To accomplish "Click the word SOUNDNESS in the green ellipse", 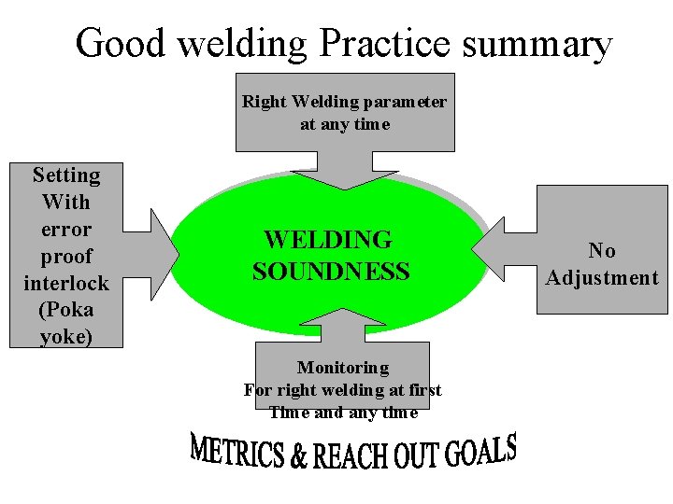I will pyautogui.click(x=331, y=272).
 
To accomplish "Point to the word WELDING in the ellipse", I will pyautogui.click(x=328, y=240).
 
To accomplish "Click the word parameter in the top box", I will pyautogui.click(x=401, y=101).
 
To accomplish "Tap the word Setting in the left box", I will pyautogui.click(x=65, y=175).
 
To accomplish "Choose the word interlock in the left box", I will pyautogui.click(x=65, y=282).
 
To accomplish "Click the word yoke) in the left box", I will pyautogui.click(x=65, y=336).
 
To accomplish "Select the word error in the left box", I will pyautogui.click(x=65, y=229).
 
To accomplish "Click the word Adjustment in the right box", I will pyautogui.click(x=602, y=277).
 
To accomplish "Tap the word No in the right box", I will pyautogui.click(x=602, y=250).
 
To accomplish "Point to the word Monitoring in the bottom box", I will pyautogui.click(x=342, y=368).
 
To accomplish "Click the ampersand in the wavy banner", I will pyautogui.click(x=299, y=456).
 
